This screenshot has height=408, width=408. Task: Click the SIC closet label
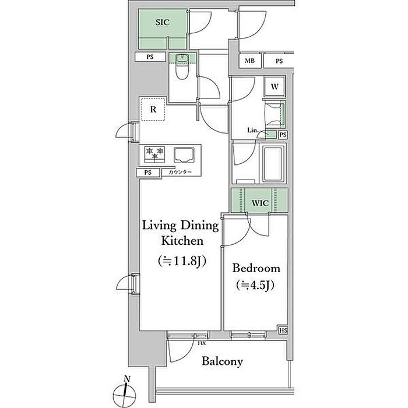[163, 22]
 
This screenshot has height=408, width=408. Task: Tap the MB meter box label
[249, 61]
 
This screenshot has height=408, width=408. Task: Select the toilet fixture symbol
[182, 66]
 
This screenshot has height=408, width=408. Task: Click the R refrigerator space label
[153, 110]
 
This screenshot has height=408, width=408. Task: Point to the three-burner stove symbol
[154, 155]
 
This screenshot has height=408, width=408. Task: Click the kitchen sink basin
[184, 155]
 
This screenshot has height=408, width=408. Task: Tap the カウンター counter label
[180, 172]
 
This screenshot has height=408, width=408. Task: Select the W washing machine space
[275, 87]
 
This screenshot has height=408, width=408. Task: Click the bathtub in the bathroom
[273, 164]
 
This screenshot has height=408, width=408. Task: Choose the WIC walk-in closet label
[260, 203]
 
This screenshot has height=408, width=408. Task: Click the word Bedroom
[256, 268]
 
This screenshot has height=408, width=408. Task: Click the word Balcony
[223, 361]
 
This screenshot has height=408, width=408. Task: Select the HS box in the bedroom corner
[283, 330]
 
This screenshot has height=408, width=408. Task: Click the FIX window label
[202, 343]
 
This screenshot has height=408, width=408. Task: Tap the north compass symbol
[125, 393]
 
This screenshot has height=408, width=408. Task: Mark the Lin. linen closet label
[252, 130]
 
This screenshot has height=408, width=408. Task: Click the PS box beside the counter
[148, 173]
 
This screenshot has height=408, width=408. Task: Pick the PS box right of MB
[279, 61]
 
